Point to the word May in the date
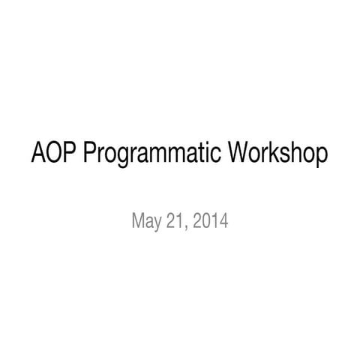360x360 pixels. (x=145, y=222)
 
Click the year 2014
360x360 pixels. (x=211, y=221)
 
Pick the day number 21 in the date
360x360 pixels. (x=177, y=221)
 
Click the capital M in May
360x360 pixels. (x=138, y=221)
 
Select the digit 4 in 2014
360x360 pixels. (x=224, y=221)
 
